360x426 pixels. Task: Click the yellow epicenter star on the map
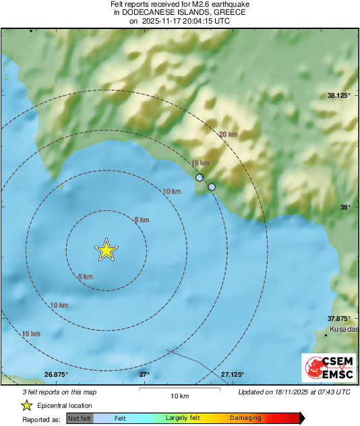pos(106,250)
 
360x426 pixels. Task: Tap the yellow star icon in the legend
pos(27,405)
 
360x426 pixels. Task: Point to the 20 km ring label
pos(228,135)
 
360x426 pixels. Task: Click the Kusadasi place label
pos(344,330)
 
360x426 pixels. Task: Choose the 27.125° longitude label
pos(232,374)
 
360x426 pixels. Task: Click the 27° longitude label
pos(144,374)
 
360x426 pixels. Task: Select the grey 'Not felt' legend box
pos(80,418)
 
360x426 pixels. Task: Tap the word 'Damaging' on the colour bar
pos(245,418)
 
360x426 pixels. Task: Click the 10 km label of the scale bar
pos(179,395)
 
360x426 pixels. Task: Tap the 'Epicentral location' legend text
pos(65,405)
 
